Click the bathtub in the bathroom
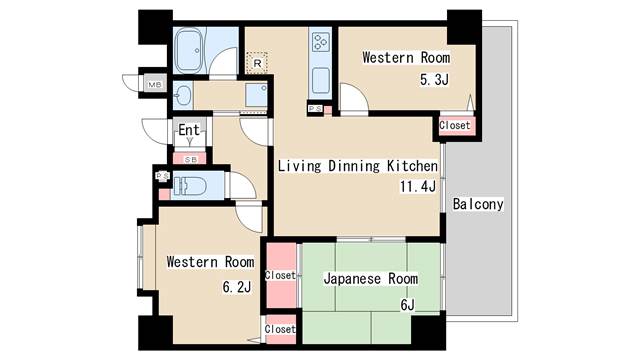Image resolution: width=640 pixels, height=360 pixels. coord(189,50)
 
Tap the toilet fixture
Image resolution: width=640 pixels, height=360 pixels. coord(189,186)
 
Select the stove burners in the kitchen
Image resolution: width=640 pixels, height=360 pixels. coord(321,42)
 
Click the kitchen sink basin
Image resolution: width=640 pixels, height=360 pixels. coord(321,80)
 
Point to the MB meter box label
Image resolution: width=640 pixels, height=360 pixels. coord(155,84)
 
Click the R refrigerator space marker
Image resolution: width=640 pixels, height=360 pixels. coord(257,63)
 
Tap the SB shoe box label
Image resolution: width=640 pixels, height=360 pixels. coord(191,159)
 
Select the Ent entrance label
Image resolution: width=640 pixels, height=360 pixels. coord(189,130)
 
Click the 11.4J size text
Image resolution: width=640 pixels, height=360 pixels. coord(418,187)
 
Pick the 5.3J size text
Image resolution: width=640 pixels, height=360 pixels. coord(434,79)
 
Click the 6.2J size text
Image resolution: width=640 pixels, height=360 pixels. coord(237,287)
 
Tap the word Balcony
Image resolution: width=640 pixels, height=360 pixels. coord(478,204)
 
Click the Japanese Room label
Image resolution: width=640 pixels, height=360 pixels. coord(371,279)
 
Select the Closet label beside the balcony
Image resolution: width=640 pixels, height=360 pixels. coord(455,125)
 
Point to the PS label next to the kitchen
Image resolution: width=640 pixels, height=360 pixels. coord(315,109)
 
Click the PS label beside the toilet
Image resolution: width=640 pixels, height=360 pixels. coord(162,176)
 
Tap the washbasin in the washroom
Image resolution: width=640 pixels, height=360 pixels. coord(182,96)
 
